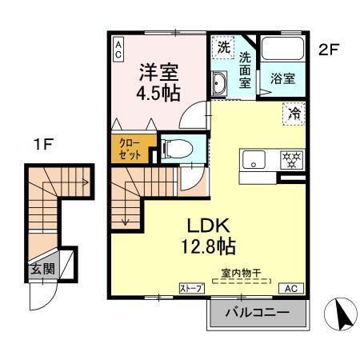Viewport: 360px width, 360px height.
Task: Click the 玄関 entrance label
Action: coord(44,269)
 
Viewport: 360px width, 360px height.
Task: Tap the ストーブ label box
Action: coord(190,288)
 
